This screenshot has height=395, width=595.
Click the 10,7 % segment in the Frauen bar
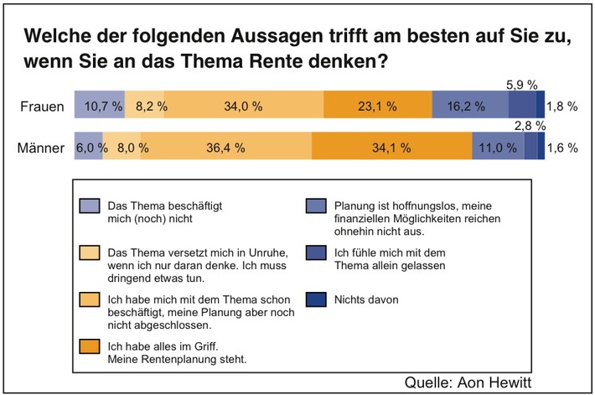(100, 107)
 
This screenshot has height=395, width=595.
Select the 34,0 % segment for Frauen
(244, 107)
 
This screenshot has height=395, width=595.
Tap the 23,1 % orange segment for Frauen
(377, 107)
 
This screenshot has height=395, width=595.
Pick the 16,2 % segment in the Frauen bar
(469, 107)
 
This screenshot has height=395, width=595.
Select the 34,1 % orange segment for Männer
(391, 148)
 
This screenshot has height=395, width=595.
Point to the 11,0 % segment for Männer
(498, 148)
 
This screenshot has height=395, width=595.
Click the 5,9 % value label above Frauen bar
(524, 85)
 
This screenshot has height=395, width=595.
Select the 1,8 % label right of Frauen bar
(562, 107)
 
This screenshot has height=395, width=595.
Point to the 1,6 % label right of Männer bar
(562, 148)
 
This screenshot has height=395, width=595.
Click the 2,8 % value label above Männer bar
(530, 126)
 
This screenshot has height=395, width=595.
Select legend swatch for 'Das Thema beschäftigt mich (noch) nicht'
(86, 206)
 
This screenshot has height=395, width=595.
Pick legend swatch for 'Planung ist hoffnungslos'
(314, 206)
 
